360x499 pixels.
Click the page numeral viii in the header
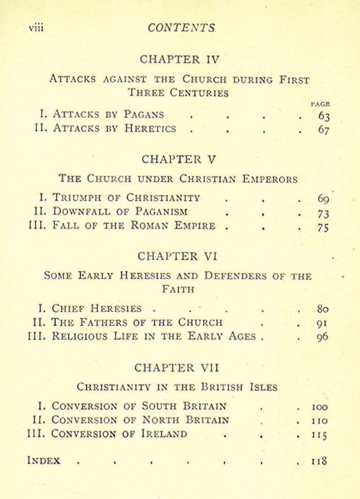point(36,28)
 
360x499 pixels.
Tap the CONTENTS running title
point(181,28)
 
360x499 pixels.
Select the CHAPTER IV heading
point(179,59)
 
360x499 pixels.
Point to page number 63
point(323,116)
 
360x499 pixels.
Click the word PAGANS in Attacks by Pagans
point(143,115)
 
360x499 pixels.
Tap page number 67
point(323,130)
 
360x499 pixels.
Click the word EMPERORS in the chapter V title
point(270,179)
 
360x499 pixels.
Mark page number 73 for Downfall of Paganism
point(322,213)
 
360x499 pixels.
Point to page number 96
point(322,337)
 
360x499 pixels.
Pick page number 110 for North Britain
point(319,420)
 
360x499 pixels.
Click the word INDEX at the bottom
point(44,460)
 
